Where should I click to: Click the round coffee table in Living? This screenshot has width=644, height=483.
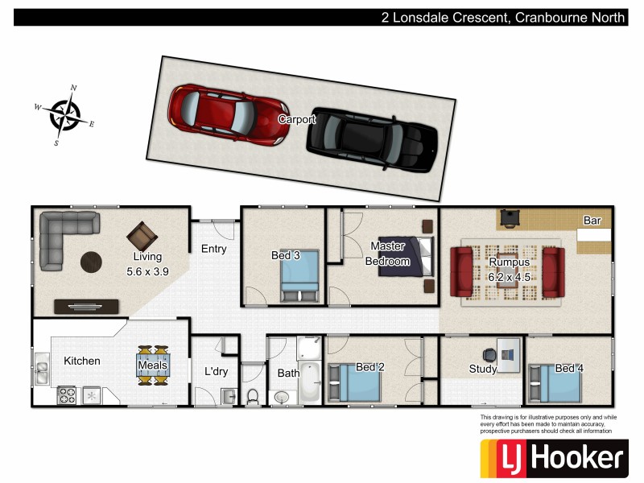[91, 262]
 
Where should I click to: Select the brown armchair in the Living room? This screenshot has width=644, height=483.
[142, 236]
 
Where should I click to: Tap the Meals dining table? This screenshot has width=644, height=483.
[153, 365]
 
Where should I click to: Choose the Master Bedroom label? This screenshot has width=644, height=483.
[388, 254]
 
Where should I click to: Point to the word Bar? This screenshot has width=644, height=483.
[592, 221]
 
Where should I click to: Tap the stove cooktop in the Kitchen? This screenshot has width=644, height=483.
[67, 395]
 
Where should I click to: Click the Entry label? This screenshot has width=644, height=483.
[214, 249]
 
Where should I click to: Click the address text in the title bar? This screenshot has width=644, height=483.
[503, 17]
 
